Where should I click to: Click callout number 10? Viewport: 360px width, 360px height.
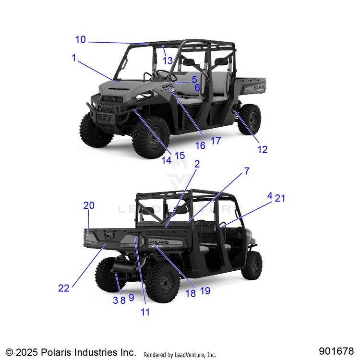click(x=80, y=40)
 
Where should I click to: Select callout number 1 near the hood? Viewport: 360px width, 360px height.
click(x=74, y=58)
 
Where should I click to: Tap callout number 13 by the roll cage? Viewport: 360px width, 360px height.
click(x=167, y=60)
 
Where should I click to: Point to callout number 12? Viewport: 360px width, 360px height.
click(x=262, y=149)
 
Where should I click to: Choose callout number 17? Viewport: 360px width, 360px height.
click(x=216, y=141)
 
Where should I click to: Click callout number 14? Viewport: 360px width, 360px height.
click(x=166, y=161)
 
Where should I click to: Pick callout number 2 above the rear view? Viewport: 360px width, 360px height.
click(x=197, y=164)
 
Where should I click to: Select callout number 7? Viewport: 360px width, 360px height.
click(x=247, y=171)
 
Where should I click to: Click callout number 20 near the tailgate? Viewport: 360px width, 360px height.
click(x=89, y=205)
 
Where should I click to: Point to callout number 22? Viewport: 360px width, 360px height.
click(x=64, y=288)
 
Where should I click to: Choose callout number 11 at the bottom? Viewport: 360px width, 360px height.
click(x=145, y=312)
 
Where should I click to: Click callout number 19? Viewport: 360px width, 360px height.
click(x=205, y=291)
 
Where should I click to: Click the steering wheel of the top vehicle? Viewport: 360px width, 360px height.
click(x=164, y=74)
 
